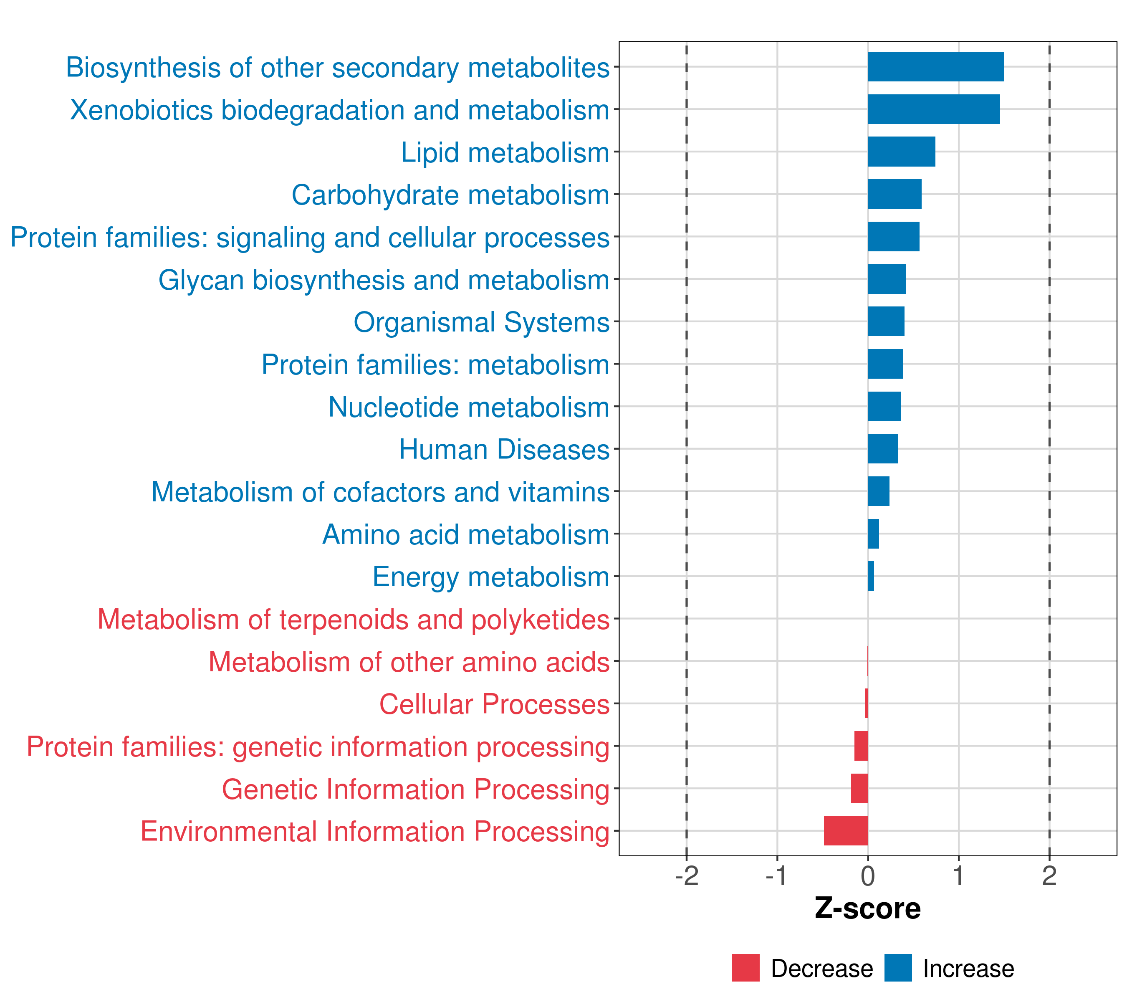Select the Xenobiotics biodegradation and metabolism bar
pos(933,109)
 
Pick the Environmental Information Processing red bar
pos(845,830)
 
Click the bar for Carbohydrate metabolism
pos(895,194)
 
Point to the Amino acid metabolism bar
pos(873,534)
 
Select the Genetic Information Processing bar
pos(859,788)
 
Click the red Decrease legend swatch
pos(745,968)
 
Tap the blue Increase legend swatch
pos(897,968)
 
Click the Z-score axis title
pos(867,908)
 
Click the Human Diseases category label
pos(504,449)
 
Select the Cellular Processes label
pos(494,704)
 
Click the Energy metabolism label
pos(491,577)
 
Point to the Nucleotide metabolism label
pos(469,407)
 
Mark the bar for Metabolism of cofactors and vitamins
pos(878,491)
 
